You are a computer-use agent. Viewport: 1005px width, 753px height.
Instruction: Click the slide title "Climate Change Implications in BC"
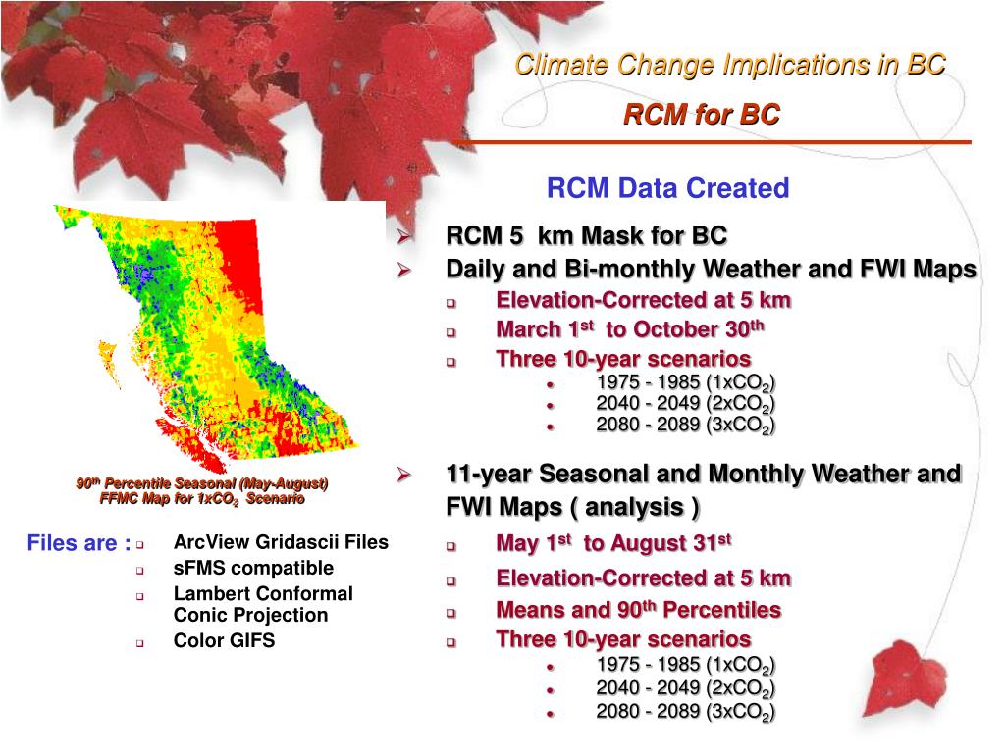730,64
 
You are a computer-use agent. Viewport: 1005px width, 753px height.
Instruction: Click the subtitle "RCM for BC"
702,115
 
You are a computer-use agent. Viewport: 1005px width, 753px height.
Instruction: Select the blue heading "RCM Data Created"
667,188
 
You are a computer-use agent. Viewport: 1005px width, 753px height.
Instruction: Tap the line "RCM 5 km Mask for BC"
587,235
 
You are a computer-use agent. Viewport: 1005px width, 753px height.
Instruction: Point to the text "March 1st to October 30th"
630,329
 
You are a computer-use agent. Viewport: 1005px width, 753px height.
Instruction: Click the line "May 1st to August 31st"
614,543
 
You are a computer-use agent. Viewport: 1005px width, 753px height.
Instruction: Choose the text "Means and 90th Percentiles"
638,610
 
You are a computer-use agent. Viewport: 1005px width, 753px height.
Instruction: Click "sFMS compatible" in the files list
253,568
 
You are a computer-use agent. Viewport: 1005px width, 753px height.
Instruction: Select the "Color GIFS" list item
225,640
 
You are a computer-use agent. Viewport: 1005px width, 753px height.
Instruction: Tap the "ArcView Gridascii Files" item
281,542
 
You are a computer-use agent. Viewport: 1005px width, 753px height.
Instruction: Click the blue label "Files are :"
79,543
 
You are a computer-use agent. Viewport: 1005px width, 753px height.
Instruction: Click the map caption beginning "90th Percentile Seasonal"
202,491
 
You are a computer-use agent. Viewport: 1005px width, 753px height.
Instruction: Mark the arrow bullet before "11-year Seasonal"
403,475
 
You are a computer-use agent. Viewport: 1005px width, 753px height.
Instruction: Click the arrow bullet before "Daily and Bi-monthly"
403,270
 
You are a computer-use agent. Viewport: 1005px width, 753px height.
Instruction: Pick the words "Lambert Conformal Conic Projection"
263,604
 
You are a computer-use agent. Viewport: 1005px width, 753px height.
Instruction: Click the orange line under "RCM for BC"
712,142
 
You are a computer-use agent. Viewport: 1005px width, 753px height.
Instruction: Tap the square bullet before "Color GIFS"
139,643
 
